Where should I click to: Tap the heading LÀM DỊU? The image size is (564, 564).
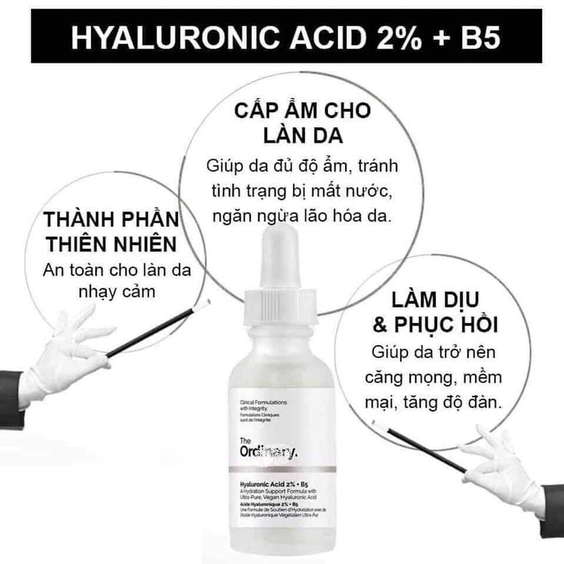tap(436, 300)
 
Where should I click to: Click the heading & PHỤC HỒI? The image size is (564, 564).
tap(436, 325)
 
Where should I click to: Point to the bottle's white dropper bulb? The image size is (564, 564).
tap(279, 253)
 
